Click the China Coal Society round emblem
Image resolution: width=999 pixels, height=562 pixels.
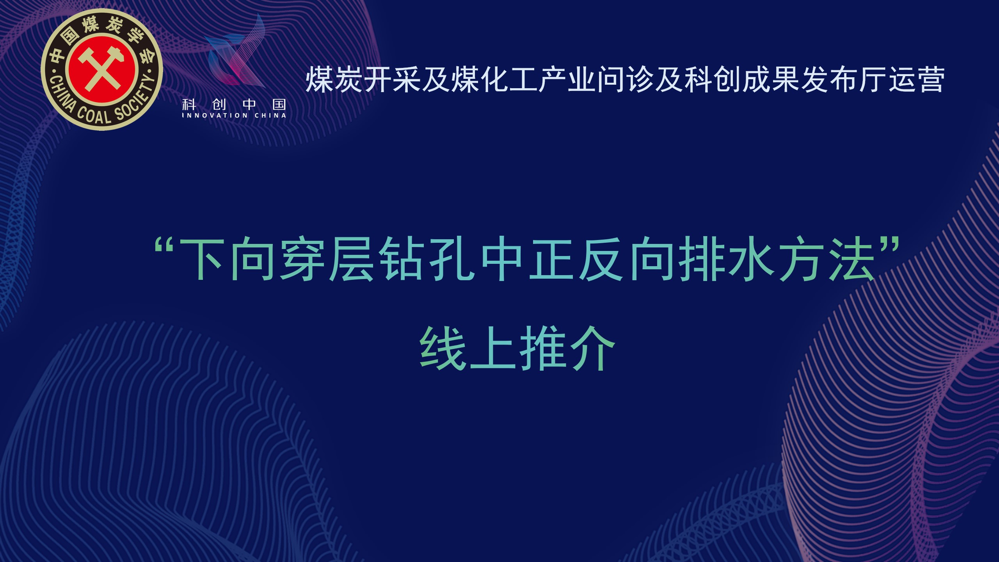point(102,69)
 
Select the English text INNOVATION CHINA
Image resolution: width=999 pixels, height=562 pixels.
point(234,116)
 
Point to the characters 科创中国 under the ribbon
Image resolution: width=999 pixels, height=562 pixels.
point(234,104)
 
